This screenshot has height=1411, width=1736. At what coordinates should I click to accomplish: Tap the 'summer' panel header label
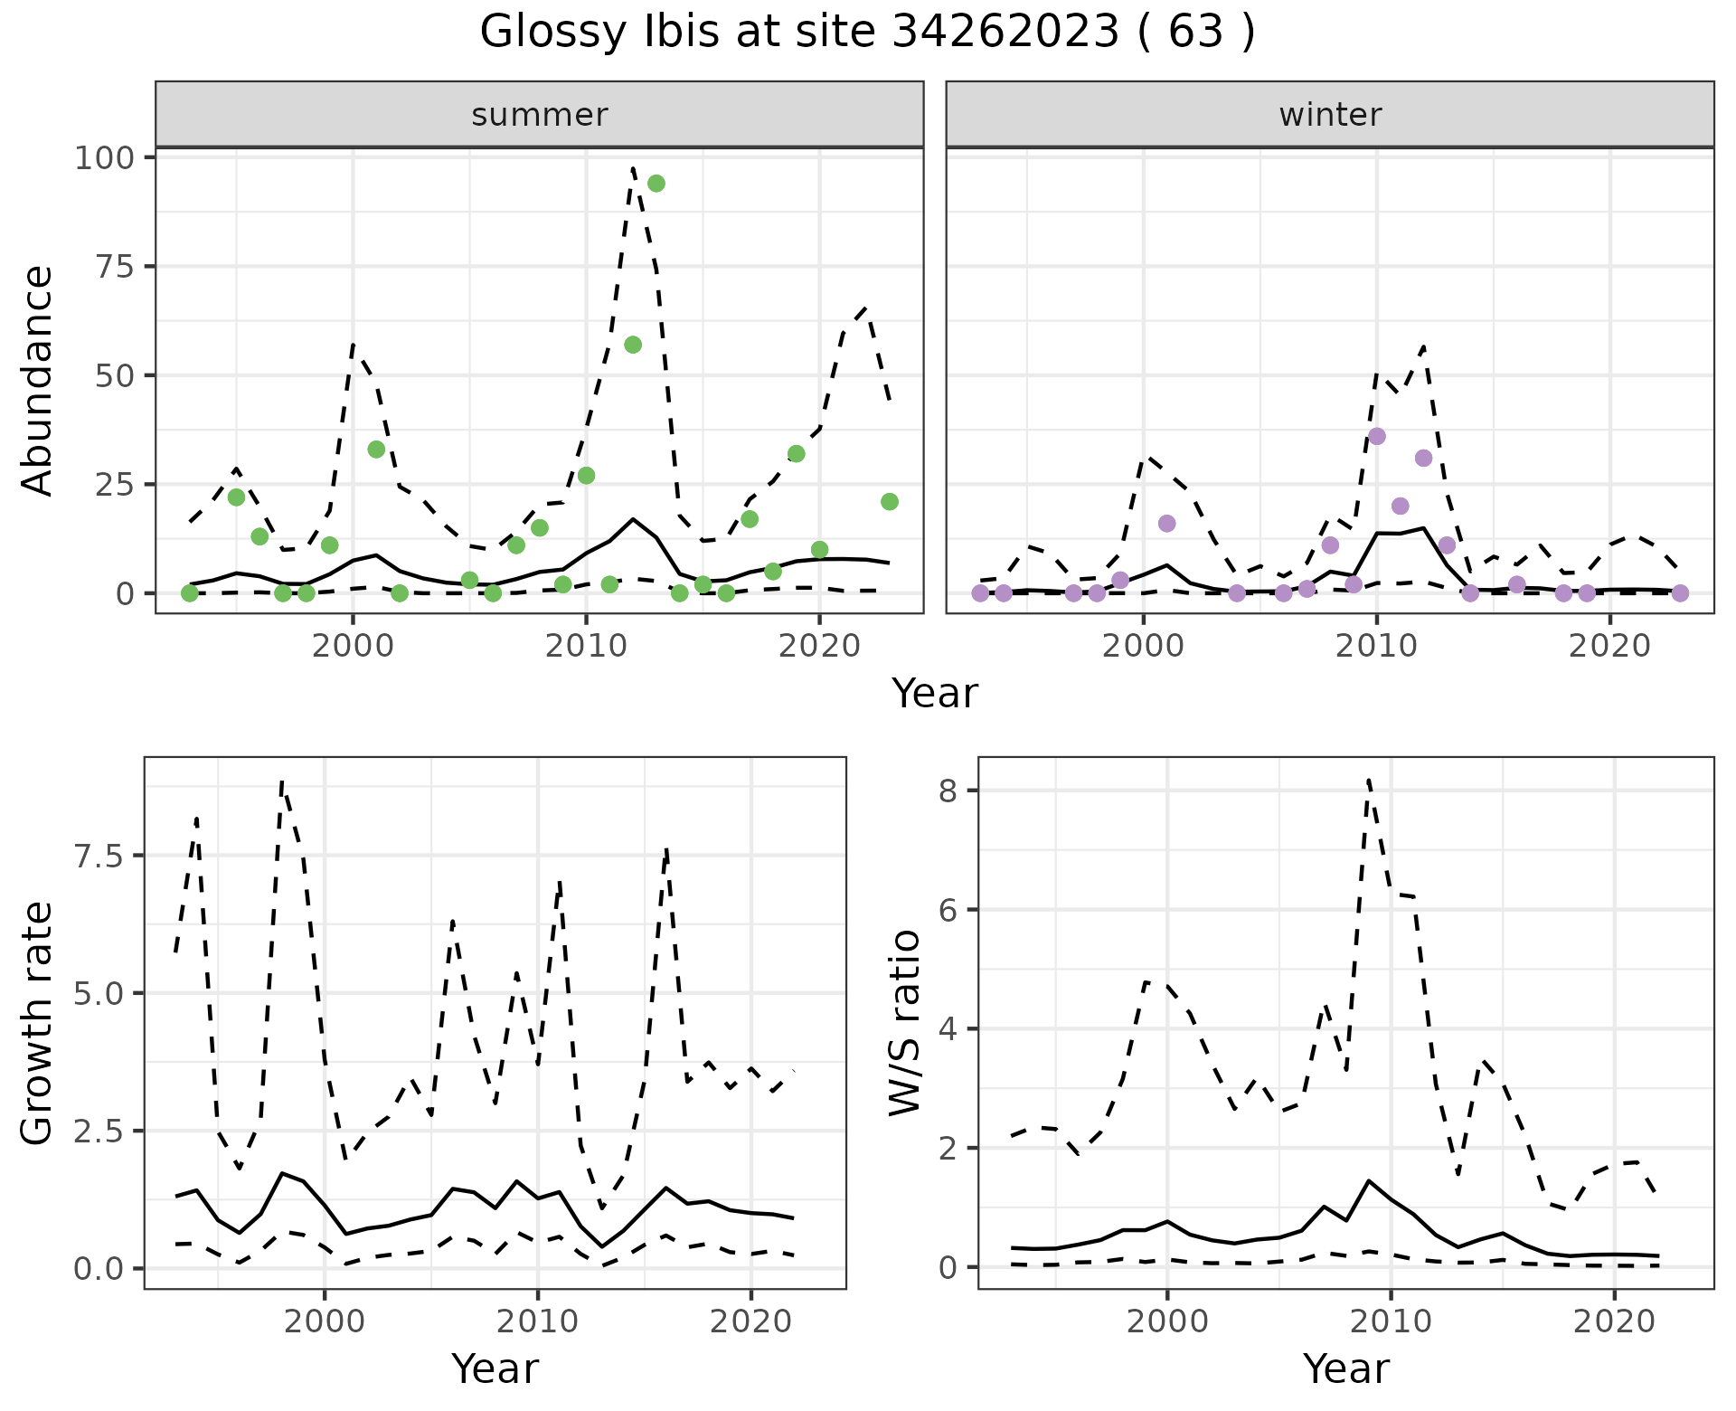click(540, 115)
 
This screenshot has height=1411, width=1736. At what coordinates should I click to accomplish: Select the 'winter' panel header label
click(1330, 115)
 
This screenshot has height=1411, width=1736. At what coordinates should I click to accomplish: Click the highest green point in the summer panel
click(656, 184)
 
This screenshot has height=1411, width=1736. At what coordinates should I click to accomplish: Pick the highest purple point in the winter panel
click(1377, 436)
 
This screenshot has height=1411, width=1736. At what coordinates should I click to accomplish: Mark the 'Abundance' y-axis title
click(38, 381)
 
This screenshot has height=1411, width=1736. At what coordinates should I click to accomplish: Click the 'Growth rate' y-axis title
click(38, 1024)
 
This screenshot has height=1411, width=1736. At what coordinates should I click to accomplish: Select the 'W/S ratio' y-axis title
click(905, 1023)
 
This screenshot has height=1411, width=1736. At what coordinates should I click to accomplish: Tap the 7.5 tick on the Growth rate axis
click(101, 856)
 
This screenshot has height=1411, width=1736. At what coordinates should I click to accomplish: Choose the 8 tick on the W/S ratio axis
click(948, 791)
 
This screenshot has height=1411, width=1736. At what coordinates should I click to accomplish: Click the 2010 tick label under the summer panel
click(586, 646)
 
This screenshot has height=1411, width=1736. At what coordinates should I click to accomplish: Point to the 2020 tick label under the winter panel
click(1609, 646)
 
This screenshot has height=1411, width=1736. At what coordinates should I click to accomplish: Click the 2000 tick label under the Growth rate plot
click(325, 1321)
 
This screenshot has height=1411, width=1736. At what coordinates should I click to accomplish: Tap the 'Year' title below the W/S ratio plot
click(1345, 1369)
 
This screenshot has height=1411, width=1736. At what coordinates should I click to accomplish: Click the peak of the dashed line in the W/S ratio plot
click(1369, 779)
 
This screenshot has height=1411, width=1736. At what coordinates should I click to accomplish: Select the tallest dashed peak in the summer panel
click(633, 168)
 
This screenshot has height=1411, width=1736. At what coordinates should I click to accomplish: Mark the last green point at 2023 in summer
click(890, 502)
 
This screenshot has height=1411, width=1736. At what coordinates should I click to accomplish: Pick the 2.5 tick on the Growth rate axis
click(101, 1131)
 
